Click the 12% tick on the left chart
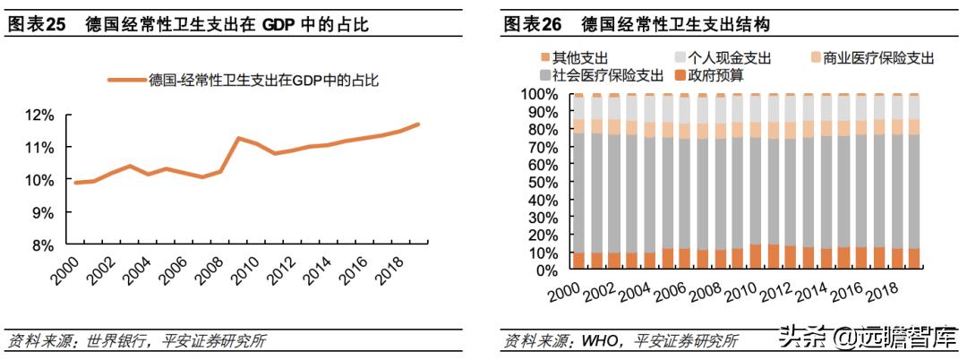(x=39, y=115)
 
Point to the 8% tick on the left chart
(x=42, y=244)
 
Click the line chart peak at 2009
(x=238, y=138)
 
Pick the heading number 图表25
(x=36, y=24)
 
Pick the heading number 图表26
(x=532, y=24)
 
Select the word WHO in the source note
(x=602, y=341)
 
